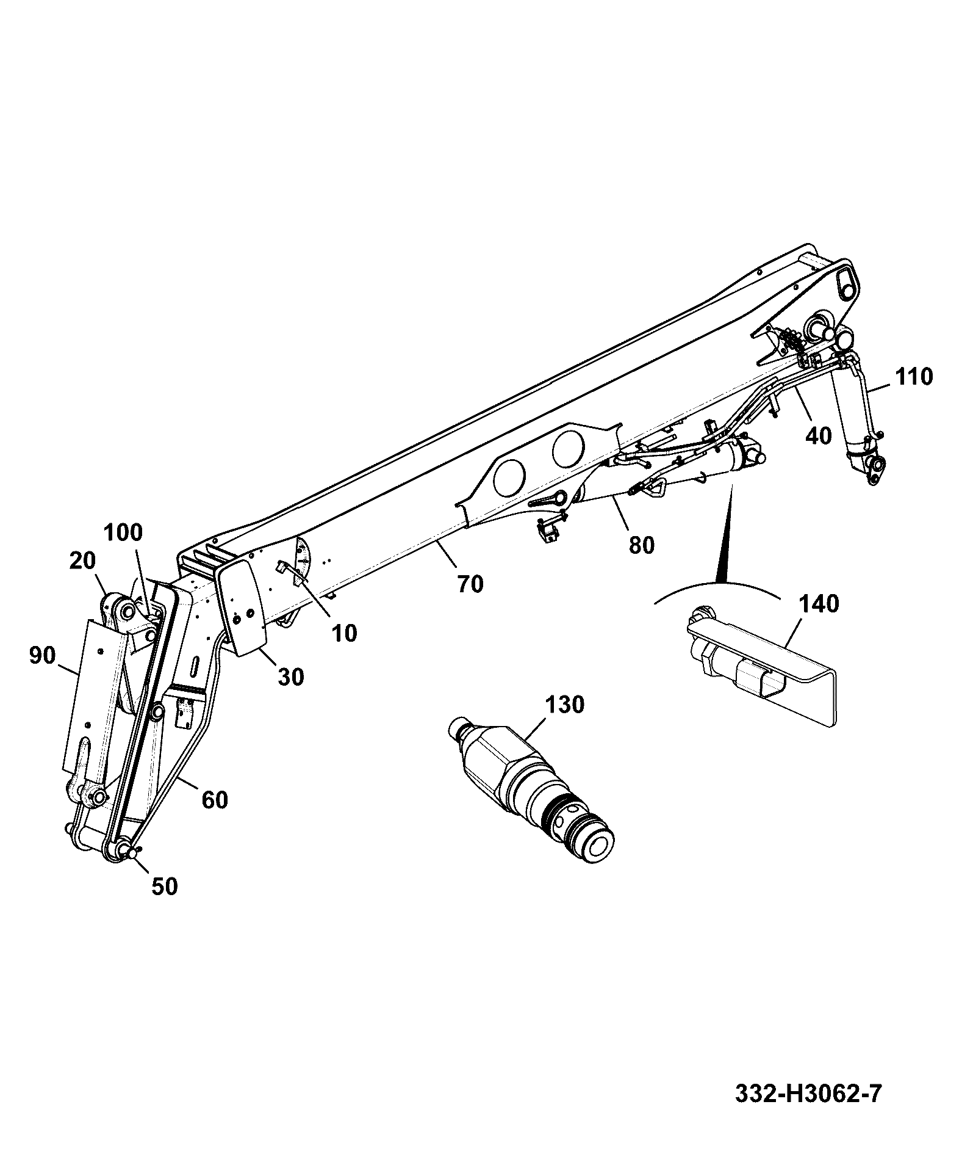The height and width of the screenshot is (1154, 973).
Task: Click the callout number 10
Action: pyautogui.click(x=345, y=633)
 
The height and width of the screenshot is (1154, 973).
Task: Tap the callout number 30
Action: pyautogui.click(x=290, y=677)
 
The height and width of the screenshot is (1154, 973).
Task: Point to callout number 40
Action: pyautogui.click(x=819, y=436)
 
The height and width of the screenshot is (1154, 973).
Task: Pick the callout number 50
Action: pyautogui.click(x=164, y=886)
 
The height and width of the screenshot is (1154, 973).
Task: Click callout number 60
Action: pyautogui.click(x=215, y=800)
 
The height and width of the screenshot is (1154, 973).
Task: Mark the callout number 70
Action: pyautogui.click(x=470, y=584)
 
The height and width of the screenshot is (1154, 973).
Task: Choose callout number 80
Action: pyautogui.click(x=642, y=545)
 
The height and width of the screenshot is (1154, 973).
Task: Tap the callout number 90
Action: pyautogui.click(x=42, y=656)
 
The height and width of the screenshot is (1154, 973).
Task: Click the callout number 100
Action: pyautogui.click(x=123, y=532)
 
